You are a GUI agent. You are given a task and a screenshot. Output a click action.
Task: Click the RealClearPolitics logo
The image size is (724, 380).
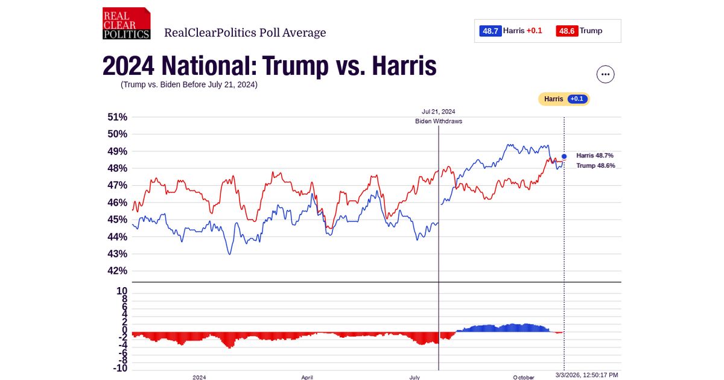[126, 24]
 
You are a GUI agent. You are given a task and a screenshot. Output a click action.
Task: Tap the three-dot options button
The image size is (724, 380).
[605, 74]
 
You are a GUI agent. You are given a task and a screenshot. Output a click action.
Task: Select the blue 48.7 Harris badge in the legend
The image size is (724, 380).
[490, 31]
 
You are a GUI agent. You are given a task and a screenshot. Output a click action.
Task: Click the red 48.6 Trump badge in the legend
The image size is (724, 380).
[567, 31]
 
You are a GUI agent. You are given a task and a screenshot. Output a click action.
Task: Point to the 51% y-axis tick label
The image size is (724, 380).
[117, 117]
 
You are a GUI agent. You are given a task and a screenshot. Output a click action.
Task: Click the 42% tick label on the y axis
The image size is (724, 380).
[117, 271]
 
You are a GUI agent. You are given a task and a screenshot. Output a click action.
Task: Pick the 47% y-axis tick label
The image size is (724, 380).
[117, 185]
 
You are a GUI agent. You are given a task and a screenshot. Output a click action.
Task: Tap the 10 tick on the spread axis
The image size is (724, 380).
[121, 291]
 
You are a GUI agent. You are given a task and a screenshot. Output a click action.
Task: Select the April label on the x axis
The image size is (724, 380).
[306, 377]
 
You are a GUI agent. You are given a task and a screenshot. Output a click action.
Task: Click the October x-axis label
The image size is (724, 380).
[523, 377]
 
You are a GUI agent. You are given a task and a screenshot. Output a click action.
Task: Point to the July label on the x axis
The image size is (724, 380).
[414, 377]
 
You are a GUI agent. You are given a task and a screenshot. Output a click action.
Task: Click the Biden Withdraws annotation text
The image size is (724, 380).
[438, 121]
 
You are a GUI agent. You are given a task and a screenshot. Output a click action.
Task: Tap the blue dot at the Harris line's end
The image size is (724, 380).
[564, 156]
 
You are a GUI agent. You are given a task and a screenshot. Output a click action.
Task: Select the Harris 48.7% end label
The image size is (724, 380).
[594, 156]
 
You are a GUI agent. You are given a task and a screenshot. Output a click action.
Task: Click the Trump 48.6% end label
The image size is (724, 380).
[595, 166]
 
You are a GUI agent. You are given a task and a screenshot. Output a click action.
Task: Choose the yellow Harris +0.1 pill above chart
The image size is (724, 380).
[564, 99]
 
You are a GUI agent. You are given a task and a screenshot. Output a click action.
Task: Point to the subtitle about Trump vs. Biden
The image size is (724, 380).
[189, 84]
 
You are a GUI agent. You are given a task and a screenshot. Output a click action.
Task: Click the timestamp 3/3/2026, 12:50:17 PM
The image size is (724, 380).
[586, 375]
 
